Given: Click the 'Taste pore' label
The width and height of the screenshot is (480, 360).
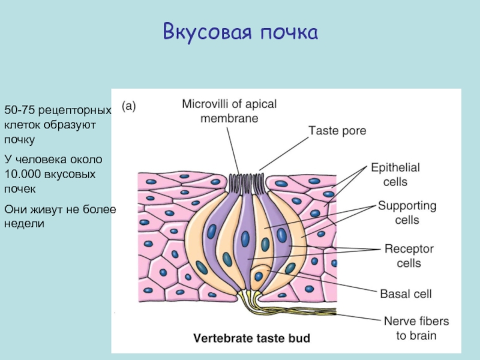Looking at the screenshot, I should coord(337,130).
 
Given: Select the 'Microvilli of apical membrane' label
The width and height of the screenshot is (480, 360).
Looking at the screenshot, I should coord(229,111).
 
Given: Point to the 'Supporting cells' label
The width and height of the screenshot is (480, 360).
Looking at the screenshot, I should coord(407,212).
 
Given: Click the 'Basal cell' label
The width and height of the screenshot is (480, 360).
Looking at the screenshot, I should coord(406,294).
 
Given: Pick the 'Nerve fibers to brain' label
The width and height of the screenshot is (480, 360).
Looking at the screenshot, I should coord(416,329).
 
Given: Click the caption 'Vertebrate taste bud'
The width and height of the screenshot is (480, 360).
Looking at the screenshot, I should coord(251,338).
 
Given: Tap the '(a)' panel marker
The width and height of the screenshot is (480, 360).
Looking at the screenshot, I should coord(129,106).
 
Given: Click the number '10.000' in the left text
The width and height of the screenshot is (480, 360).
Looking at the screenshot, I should coord(22,174).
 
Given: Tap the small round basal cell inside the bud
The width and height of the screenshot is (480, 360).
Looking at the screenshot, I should coord(259,276).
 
